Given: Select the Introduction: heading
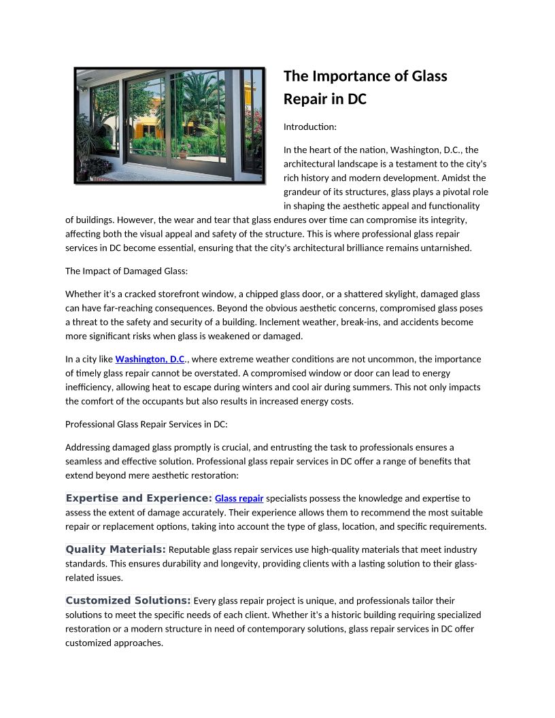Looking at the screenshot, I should pos(309,127).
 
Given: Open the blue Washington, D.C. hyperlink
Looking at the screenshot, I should pos(150,359).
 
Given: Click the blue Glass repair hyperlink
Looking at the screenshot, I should pos(239,498).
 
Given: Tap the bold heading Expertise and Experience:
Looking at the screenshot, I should pos(139,498).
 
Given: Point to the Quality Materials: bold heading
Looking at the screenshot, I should pos(116,549).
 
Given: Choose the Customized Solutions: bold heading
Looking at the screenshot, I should pos(128,600).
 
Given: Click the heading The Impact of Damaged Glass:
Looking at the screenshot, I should pos(126,271).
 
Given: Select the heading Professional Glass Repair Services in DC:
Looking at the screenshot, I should pos(146,424).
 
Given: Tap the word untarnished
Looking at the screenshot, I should pos(446,248).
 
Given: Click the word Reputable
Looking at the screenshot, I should pos(190,549).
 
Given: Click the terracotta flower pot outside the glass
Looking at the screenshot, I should pos(183,154).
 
